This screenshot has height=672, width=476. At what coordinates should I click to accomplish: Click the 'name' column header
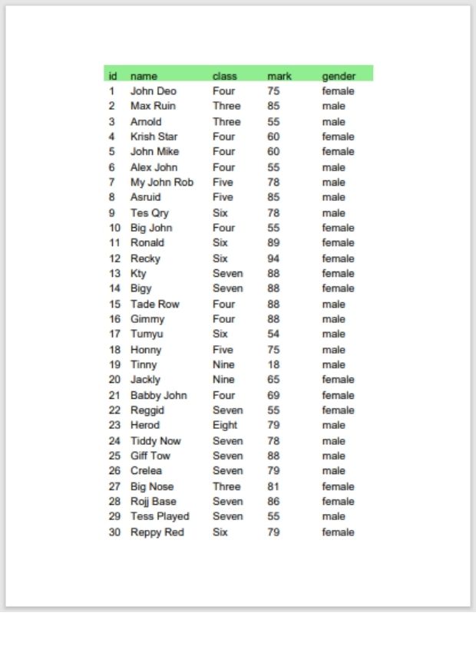click(144, 76)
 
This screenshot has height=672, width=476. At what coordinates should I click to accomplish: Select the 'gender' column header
click(339, 76)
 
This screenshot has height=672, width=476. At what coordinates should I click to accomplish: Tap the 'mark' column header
click(279, 76)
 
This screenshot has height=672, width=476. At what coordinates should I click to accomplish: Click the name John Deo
click(153, 91)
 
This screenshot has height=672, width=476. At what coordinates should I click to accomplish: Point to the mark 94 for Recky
click(273, 259)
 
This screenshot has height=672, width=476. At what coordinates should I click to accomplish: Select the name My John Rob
click(161, 183)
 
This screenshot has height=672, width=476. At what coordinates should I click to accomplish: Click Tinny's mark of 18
click(273, 364)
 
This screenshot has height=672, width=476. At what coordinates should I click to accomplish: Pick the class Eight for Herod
click(225, 425)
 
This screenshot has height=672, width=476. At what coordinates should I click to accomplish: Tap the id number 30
click(114, 532)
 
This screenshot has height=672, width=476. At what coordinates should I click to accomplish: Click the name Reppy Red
click(157, 532)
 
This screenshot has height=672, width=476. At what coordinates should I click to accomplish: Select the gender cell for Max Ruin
click(333, 106)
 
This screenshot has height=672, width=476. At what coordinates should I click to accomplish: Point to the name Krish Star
click(154, 137)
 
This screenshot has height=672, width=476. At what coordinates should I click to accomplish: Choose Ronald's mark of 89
click(273, 242)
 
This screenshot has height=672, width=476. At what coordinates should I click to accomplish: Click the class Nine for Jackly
click(223, 380)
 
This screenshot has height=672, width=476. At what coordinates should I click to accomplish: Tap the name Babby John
click(158, 395)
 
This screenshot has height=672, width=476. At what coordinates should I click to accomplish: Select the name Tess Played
click(160, 516)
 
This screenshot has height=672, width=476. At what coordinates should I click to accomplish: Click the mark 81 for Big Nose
click(273, 486)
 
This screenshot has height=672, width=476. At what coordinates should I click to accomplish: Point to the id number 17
click(114, 334)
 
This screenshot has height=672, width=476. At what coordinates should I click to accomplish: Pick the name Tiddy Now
click(155, 440)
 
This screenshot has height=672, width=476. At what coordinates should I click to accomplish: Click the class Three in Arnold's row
click(226, 121)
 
